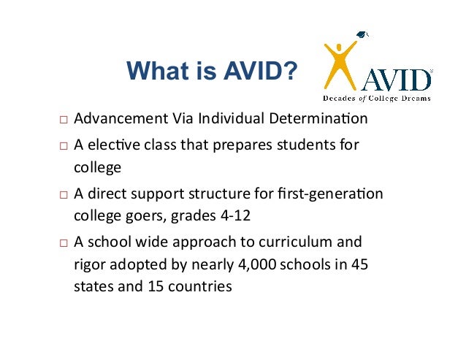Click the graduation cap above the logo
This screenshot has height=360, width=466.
coord(364,34)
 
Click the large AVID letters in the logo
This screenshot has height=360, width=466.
coord(398,79)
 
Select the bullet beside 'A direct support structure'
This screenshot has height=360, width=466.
coord(64,196)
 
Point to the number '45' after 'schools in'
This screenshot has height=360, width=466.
coord(359,264)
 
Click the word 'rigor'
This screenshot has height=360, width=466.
coord(90,264)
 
